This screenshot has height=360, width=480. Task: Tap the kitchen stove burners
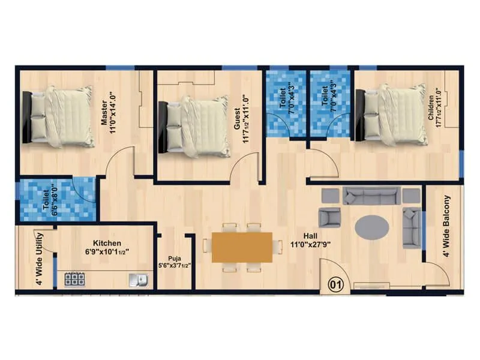click(x=74, y=279)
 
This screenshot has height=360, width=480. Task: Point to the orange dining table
click(x=242, y=247)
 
